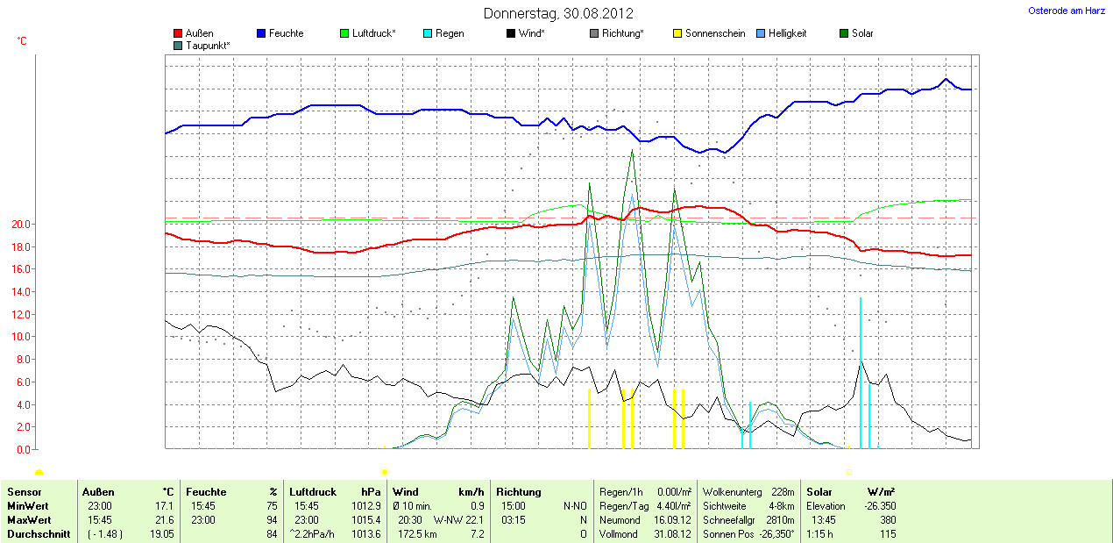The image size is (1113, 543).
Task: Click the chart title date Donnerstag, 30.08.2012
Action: tap(558, 14)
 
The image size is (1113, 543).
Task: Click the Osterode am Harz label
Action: tap(1066, 11)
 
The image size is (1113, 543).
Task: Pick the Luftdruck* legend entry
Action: tap(373, 33)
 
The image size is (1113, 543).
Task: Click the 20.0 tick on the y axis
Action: tap(20, 225)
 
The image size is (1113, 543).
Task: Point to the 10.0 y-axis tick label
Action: tap(20, 337)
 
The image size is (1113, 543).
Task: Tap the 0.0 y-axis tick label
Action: tap(23, 449)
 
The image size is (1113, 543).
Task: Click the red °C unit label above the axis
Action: tap(22, 41)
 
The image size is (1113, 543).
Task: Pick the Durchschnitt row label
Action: tap(39, 534)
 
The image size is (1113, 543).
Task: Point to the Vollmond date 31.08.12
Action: tap(674, 534)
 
